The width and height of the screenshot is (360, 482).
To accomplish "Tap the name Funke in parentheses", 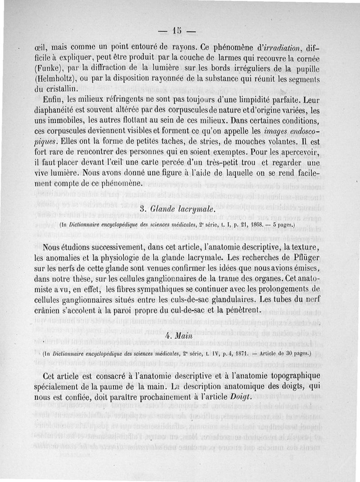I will tap(47, 68).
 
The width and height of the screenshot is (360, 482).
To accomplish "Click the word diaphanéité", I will tap(54, 110).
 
